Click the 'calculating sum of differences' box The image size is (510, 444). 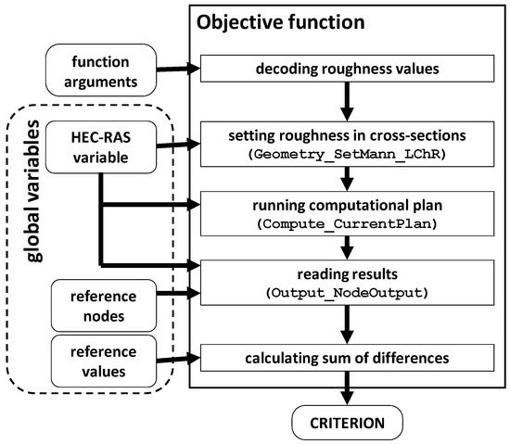pyautogui.click(x=345, y=357)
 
